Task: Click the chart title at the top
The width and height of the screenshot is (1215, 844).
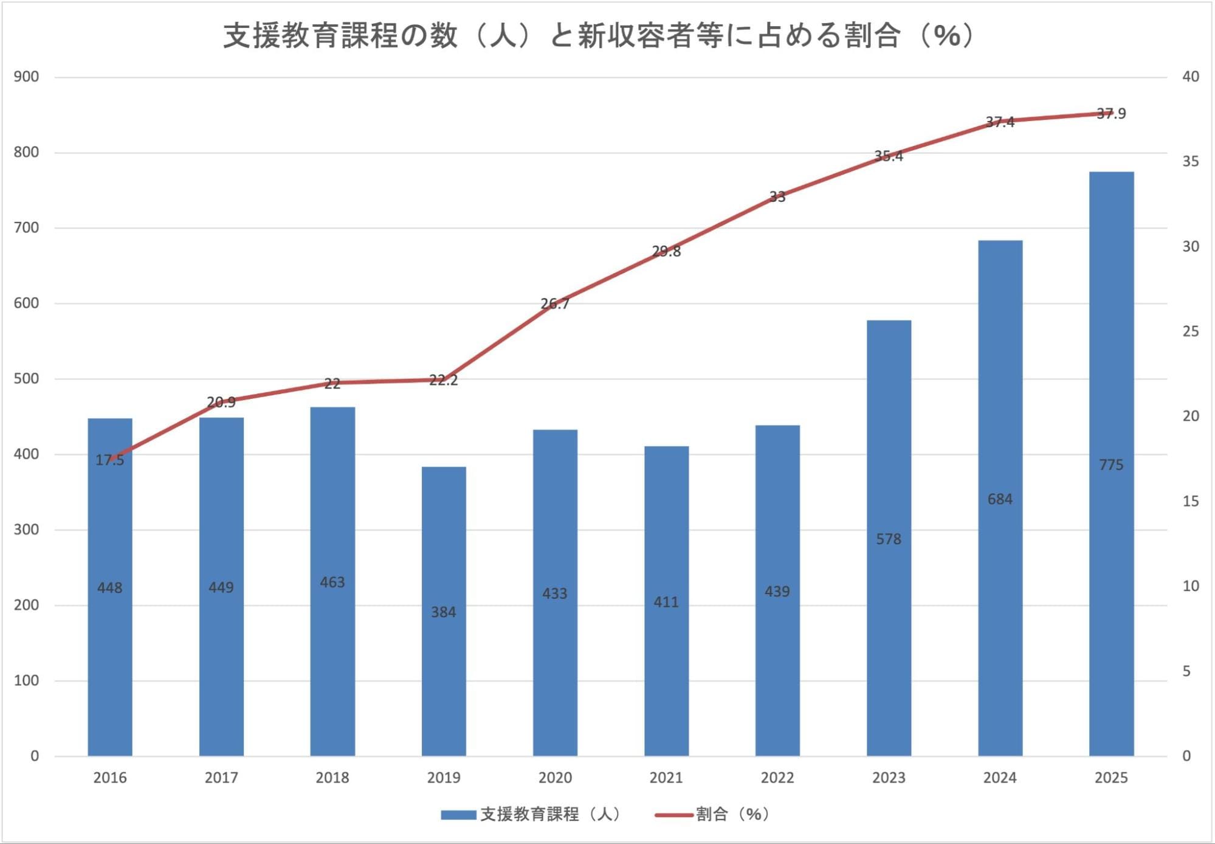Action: click(x=599, y=35)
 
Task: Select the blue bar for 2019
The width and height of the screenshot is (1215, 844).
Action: click(x=444, y=611)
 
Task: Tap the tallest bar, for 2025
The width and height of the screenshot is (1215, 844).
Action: click(x=1111, y=464)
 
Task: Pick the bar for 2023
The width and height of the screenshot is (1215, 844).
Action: click(x=889, y=538)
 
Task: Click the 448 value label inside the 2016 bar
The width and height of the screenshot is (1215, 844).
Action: click(x=110, y=588)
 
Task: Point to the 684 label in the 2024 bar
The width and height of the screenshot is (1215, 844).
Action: click(x=1000, y=499)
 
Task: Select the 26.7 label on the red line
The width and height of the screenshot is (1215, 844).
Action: click(x=555, y=303)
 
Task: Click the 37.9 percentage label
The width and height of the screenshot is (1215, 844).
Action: click(x=1111, y=114)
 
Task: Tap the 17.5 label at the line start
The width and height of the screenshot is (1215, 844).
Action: click(x=110, y=460)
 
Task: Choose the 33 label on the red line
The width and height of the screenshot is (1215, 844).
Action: click(x=777, y=196)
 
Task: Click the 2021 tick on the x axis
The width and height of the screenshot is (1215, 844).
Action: click(x=666, y=778)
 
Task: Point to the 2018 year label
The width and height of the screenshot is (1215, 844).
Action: click(x=332, y=778)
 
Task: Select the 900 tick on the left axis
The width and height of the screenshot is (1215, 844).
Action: click(x=26, y=77)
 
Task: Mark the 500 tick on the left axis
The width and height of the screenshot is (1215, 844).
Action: click(x=26, y=378)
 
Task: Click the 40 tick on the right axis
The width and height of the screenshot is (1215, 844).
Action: click(x=1191, y=77)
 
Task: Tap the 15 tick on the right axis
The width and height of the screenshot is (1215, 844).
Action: click(x=1191, y=501)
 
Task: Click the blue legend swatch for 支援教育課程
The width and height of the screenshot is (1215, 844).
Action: click(x=458, y=815)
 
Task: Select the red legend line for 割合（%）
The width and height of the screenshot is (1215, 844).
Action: click(x=673, y=815)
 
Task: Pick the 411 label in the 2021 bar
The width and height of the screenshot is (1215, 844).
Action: click(x=666, y=602)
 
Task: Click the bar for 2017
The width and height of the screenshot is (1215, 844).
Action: click(x=221, y=587)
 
